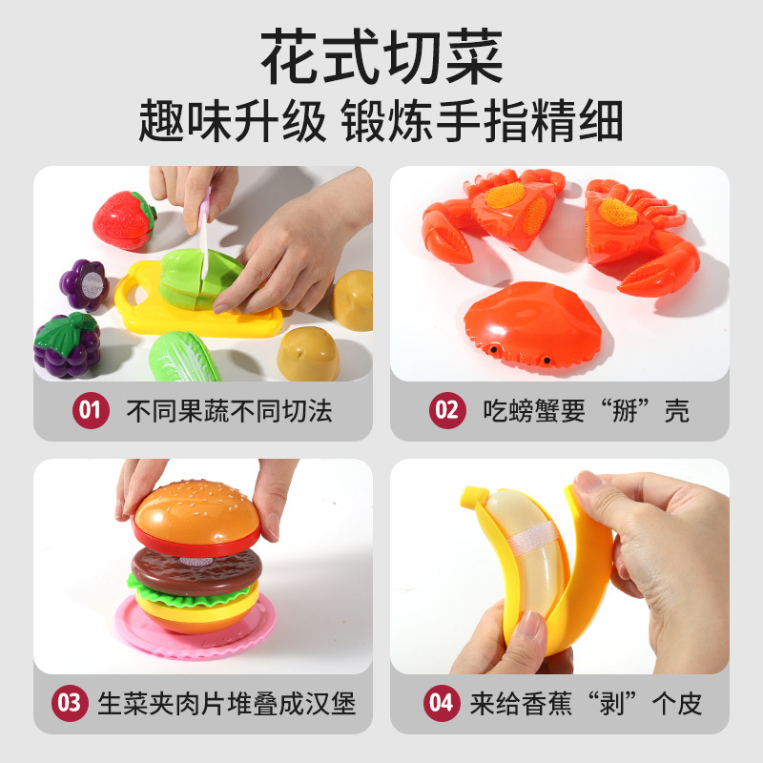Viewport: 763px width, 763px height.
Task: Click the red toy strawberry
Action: tap(124, 220)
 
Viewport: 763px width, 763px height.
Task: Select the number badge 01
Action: tap(91, 410)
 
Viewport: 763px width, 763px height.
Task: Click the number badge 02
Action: tap(447, 410)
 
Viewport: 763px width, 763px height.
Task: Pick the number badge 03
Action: tap(70, 703)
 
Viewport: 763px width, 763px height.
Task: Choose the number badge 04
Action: tap(442, 703)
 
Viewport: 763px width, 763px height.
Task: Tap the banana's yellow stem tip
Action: tap(471, 496)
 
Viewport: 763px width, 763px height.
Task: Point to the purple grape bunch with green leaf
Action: tap(67, 345)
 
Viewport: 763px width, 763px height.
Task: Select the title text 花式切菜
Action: tap(381, 56)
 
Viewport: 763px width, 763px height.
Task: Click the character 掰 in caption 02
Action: tap(625, 411)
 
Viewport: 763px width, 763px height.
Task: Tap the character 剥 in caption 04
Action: tap(611, 704)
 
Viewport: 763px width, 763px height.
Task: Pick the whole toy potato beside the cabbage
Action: tap(308, 354)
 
